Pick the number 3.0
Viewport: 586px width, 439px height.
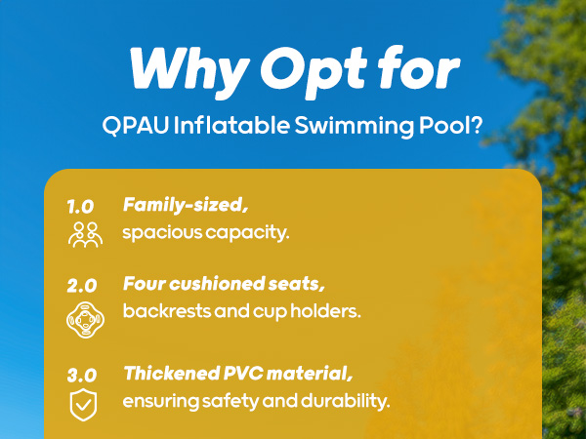[x=81, y=374]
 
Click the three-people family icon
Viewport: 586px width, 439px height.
[x=83, y=233]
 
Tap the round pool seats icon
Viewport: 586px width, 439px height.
[x=83, y=317]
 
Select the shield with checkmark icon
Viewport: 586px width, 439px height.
[x=83, y=404]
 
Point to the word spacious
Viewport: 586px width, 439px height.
[x=160, y=234]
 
